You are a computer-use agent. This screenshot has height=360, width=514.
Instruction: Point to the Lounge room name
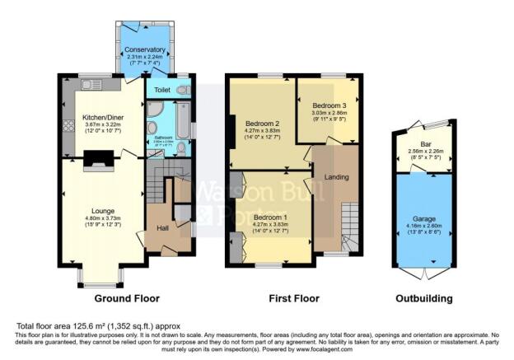[102, 211]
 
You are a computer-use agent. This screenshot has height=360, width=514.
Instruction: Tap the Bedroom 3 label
[328, 105]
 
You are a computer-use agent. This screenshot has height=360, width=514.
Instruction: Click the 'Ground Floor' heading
[127, 298]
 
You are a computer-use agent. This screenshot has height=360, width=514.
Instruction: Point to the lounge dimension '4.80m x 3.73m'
[102, 217]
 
